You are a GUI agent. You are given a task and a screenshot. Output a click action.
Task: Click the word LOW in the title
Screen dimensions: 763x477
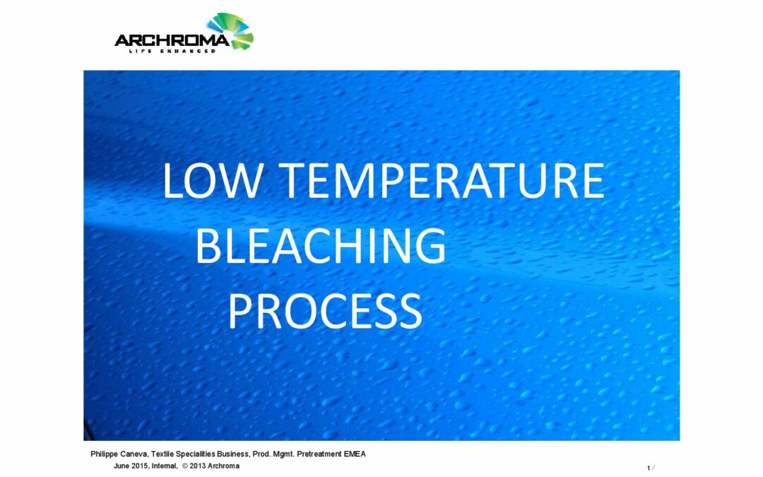click(213, 181)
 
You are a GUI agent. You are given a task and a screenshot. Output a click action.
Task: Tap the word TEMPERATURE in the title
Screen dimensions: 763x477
click(442, 181)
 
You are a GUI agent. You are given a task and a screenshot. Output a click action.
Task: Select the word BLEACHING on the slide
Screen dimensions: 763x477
click(321, 246)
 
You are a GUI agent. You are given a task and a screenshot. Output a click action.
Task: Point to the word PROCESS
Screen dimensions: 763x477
click(325, 310)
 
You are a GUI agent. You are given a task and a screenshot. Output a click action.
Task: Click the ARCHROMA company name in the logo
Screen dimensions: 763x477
click(172, 40)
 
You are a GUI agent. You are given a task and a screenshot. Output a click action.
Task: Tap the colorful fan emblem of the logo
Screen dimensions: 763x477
click(232, 30)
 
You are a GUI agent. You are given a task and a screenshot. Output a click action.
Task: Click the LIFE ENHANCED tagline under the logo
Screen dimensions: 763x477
click(172, 51)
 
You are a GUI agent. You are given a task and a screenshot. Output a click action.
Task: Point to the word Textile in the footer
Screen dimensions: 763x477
click(162, 454)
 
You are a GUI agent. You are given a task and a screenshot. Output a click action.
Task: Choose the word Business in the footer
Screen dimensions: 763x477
click(234, 454)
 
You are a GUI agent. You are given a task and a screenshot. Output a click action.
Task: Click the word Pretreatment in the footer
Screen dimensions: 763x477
click(319, 454)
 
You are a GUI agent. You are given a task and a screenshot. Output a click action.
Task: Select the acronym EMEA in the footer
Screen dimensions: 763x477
click(355, 454)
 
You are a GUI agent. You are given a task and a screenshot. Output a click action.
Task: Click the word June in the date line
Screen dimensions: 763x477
click(122, 466)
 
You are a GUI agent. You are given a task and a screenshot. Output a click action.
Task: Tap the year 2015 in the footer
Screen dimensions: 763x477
click(140, 466)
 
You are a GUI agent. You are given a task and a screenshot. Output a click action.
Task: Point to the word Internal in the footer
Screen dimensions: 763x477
click(165, 466)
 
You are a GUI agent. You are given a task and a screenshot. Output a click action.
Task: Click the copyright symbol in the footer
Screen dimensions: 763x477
click(185, 466)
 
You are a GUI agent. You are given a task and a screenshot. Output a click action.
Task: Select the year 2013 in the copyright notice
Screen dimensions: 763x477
click(198, 466)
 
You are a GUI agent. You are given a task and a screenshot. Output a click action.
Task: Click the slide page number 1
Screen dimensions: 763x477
click(649, 469)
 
